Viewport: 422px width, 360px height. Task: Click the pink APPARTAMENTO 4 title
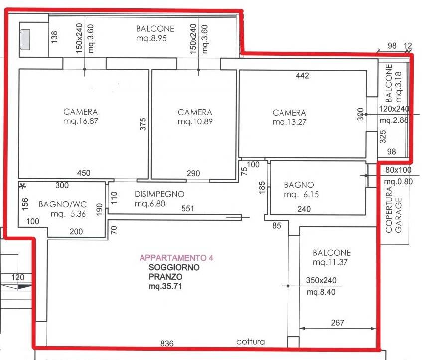click(176, 258)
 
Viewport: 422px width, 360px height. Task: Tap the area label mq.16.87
click(81, 121)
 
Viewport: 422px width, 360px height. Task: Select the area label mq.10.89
click(195, 121)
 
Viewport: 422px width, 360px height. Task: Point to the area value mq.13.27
click(289, 122)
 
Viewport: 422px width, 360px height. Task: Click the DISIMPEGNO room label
click(159, 194)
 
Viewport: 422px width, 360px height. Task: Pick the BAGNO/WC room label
click(62, 204)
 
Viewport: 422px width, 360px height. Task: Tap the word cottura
click(250, 342)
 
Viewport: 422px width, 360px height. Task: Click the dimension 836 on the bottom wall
click(167, 343)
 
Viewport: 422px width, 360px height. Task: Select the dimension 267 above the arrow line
click(337, 322)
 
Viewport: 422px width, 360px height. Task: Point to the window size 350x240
click(321, 280)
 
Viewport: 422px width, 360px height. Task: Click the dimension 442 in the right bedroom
click(302, 76)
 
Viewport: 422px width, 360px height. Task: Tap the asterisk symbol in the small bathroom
click(23, 186)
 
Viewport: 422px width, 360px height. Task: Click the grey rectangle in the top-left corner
click(26, 39)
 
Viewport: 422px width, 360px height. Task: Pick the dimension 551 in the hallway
click(188, 208)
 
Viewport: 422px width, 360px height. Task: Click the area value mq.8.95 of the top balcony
click(151, 38)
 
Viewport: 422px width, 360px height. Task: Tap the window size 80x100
click(398, 170)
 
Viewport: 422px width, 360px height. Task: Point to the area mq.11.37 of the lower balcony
click(330, 262)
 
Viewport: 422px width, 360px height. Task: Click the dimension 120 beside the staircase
click(18, 277)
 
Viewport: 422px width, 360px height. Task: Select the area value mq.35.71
click(165, 286)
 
